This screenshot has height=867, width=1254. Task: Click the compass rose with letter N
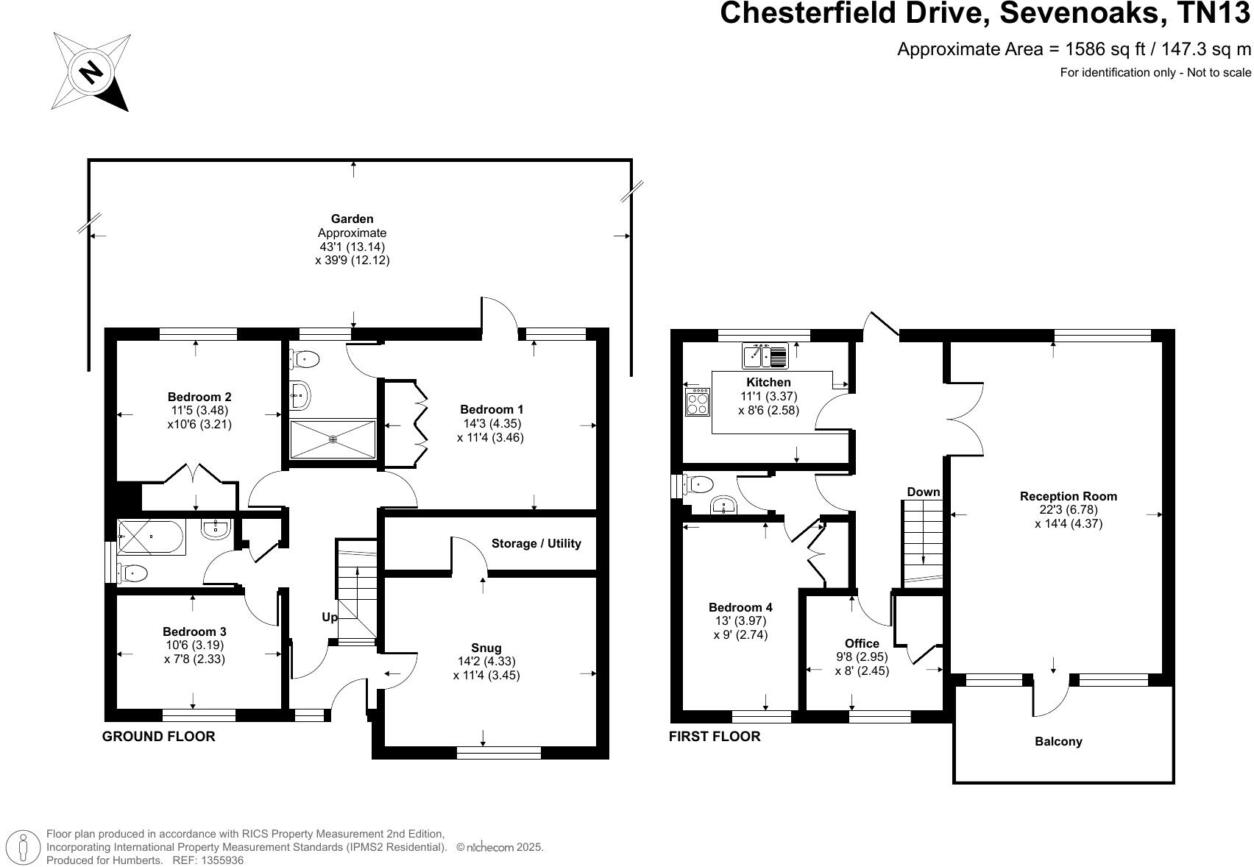tap(91, 72)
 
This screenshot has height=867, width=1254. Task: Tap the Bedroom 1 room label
tap(492, 409)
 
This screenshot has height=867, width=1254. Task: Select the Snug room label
tap(486, 648)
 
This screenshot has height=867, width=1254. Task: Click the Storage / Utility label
tap(536, 543)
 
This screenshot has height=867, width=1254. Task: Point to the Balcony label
tap(1058, 741)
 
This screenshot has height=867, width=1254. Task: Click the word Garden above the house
tap(352, 219)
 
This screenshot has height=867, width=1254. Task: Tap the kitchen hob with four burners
tap(697, 402)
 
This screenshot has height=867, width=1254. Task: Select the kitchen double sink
tap(765, 355)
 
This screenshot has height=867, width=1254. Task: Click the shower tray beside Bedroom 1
tap(333, 439)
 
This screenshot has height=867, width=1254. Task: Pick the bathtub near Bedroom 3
tap(152, 537)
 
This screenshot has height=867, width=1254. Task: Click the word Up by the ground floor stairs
tap(330, 617)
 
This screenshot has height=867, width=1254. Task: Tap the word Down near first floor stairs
tap(923, 492)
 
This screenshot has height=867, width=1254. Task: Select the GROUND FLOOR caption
tap(159, 736)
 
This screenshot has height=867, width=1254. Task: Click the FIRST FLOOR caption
tap(715, 736)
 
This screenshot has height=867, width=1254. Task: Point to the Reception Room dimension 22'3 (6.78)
tap(1068, 510)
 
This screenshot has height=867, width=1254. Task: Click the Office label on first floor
tap(862, 643)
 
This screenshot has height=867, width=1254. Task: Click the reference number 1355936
tap(218, 860)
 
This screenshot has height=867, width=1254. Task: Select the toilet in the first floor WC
tap(698, 484)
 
